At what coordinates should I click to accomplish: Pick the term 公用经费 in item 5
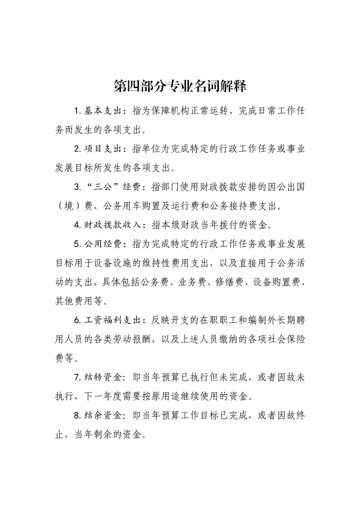point(102,243)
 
